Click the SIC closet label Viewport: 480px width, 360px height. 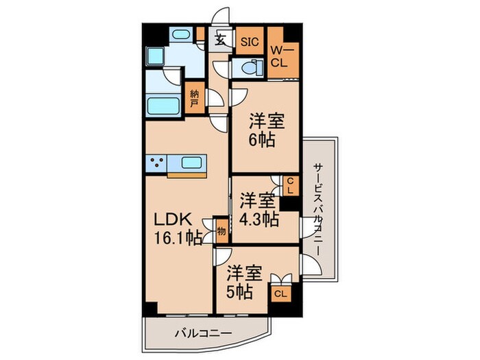coord(250,42)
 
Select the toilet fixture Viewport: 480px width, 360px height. coord(247,67)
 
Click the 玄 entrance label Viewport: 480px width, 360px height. coord(221,40)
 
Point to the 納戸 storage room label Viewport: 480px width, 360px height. coord(195,95)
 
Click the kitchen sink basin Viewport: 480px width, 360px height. coord(191,163)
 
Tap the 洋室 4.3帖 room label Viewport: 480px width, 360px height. coord(259,210)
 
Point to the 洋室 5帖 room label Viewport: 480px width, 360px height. coord(245,282)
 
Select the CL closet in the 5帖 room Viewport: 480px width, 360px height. coord(280,294)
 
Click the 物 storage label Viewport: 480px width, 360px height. coord(221,230)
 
